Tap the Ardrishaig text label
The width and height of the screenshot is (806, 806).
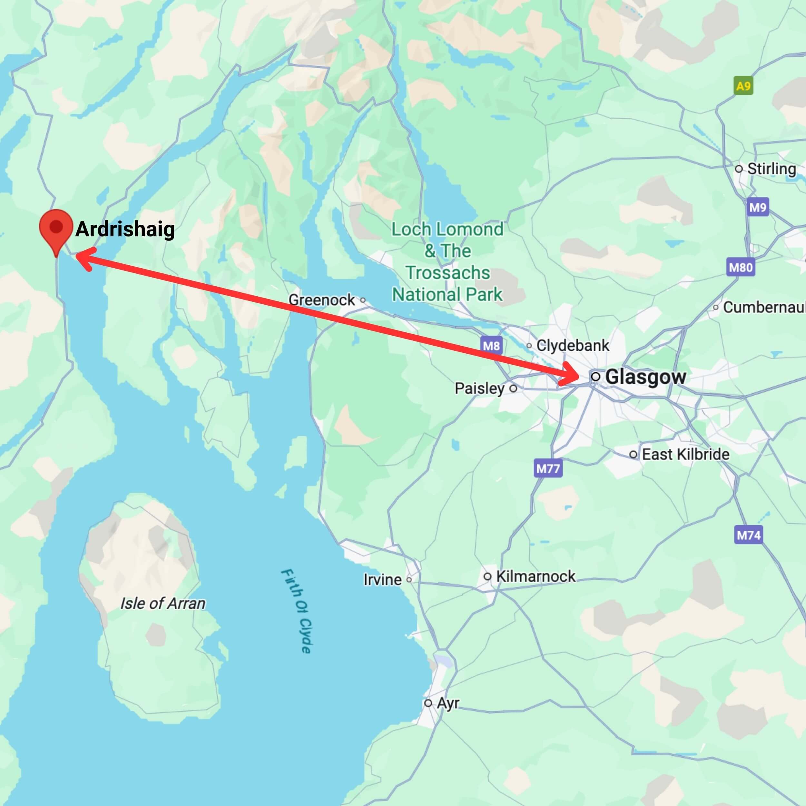pos(125,229)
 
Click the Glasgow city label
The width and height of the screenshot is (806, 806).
pos(645,377)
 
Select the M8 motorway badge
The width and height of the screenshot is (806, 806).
pos(491,345)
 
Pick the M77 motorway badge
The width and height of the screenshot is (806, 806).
pos(548,468)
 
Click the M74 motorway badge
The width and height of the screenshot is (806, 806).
pos(748,535)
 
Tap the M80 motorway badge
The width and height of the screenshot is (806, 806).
pos(741,267)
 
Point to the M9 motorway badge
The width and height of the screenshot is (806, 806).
pos(758,207)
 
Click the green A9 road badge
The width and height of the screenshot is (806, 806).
pos(743,86)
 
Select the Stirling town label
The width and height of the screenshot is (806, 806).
pos(771,169)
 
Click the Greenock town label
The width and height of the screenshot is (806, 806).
pos(322,300)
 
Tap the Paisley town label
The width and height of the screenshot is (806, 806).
pos(480,388)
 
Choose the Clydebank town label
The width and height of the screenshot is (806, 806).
pos(572,345)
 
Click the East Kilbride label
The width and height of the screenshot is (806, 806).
pos(685,454)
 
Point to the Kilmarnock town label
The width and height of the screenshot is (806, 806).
pos(536,576)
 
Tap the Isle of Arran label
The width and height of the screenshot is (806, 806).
pos(163,603)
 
